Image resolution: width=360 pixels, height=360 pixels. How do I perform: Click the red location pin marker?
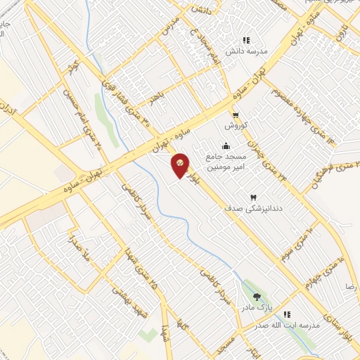[180, 165]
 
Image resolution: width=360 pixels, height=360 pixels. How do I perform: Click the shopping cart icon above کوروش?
[236, 116]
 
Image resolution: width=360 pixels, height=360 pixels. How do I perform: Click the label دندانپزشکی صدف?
[248, 209]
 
